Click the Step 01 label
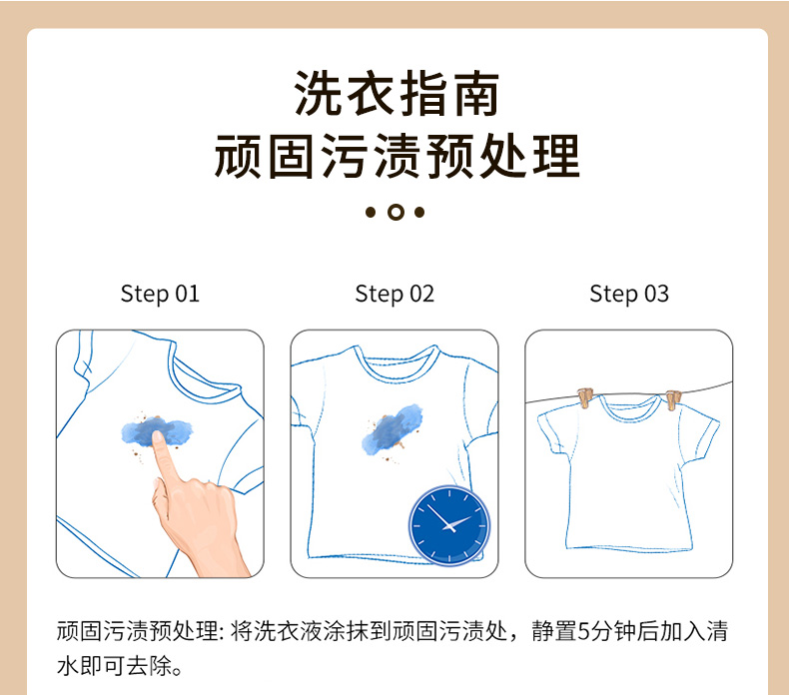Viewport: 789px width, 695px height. [160, 294]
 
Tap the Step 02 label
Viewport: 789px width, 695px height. [394, 294]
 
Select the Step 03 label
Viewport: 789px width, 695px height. [629, 294]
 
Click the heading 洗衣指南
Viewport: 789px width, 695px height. [396, 94]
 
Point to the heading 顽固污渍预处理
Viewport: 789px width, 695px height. [396, 156]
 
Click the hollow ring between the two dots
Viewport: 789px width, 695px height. [396, 213]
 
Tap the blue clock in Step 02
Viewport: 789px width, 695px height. [448, 525]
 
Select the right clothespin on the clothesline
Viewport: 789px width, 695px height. [673, 400]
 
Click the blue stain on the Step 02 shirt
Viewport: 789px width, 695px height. [393, 428]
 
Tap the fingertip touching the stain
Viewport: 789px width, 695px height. [158, 436]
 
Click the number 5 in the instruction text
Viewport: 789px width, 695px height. [583, 631]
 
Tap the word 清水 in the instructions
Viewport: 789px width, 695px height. [716, 631]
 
